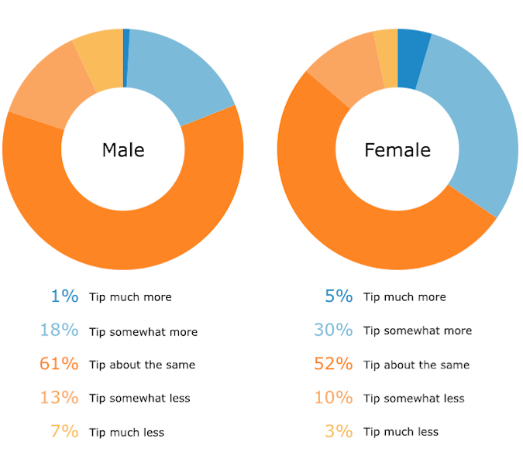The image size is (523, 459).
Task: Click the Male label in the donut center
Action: pyautogui.click(x=123, y=149)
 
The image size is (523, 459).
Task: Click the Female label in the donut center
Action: pyautogui.click(x=397, y=149)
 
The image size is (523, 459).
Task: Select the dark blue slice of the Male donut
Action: pyautogui.click(x=126, y=58)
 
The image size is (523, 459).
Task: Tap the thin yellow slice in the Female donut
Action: pyautogui.click(x=386, y=59)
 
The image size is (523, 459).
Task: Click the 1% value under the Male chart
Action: pyautogui.click(x=64, y=296)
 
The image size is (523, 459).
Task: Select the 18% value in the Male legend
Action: pyautogui.click(x=59, y=331)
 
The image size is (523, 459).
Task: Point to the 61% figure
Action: pyautogui.click(x=59, y=364)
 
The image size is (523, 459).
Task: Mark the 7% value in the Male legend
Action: pyautogui.click(x=64, y=431)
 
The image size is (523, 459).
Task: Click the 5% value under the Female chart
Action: pyautogui.click(x=339, y=296)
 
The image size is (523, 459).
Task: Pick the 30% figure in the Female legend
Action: pyautogui.click(x=333, y=331)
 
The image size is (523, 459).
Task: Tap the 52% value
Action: pyautogui.click(x=333, y=364)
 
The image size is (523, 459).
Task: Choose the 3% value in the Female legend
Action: pyautogui.click(x=339, y=431)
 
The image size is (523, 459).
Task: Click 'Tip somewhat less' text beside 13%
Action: pyautogui.click(x=139, y=398)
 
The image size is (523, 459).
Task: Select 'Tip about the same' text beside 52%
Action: pyautogui.click(x=416, y=365)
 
